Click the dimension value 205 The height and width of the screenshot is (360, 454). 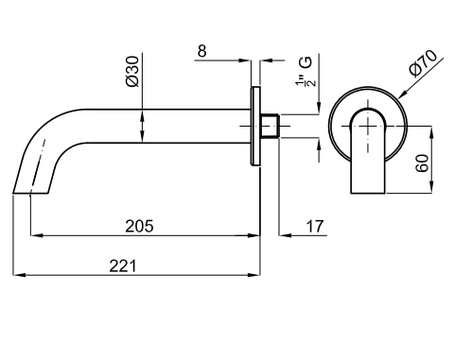point(139,226)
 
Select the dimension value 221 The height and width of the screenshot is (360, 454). point(123,266)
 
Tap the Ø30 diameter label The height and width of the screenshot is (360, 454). point(132,72)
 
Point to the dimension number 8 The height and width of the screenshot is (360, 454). point(201,51)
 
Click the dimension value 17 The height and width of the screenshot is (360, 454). point(315,227)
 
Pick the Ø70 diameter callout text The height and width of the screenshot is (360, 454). point(423,63)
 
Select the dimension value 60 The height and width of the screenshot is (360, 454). point(422,163)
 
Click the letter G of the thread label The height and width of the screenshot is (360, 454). point(306,62)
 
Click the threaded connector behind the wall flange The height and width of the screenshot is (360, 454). point(271,126)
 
